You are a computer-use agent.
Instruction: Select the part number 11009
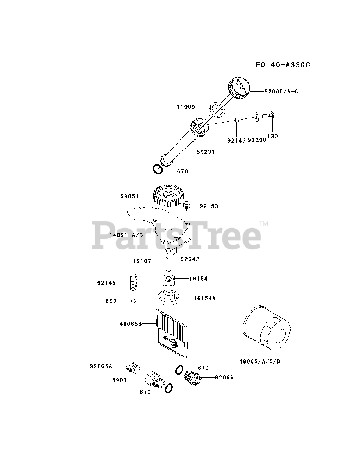[186, 107]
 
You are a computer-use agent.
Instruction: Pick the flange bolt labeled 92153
[186, 207]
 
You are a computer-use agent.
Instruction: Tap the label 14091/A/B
[126, 234]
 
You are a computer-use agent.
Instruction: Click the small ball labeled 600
[133, 301]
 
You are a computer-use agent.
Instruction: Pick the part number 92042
[190, 259]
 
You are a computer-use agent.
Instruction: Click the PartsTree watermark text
[177, 234]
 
